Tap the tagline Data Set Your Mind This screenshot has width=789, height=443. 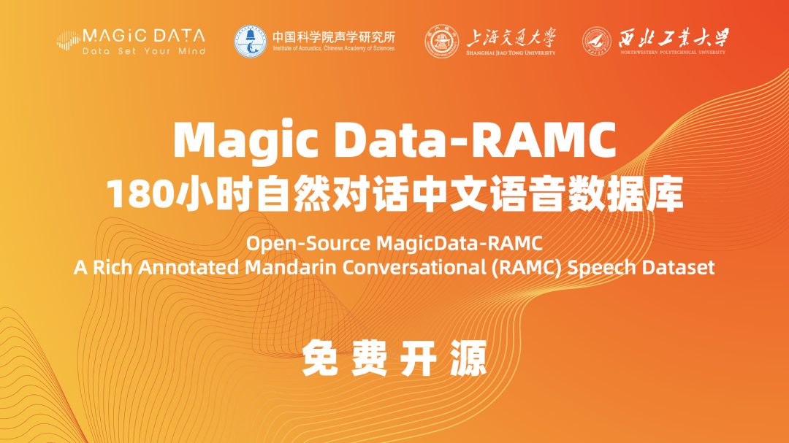(x=144, y=52)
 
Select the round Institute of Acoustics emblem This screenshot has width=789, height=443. (x=251, y=42)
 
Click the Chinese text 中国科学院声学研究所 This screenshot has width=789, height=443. (x=333, y=36)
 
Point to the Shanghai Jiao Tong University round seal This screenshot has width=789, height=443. (x=442, y=42)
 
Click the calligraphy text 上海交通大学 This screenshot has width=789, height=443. (x=511, y=36)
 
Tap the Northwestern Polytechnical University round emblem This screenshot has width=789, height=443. (x=597, y=42)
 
